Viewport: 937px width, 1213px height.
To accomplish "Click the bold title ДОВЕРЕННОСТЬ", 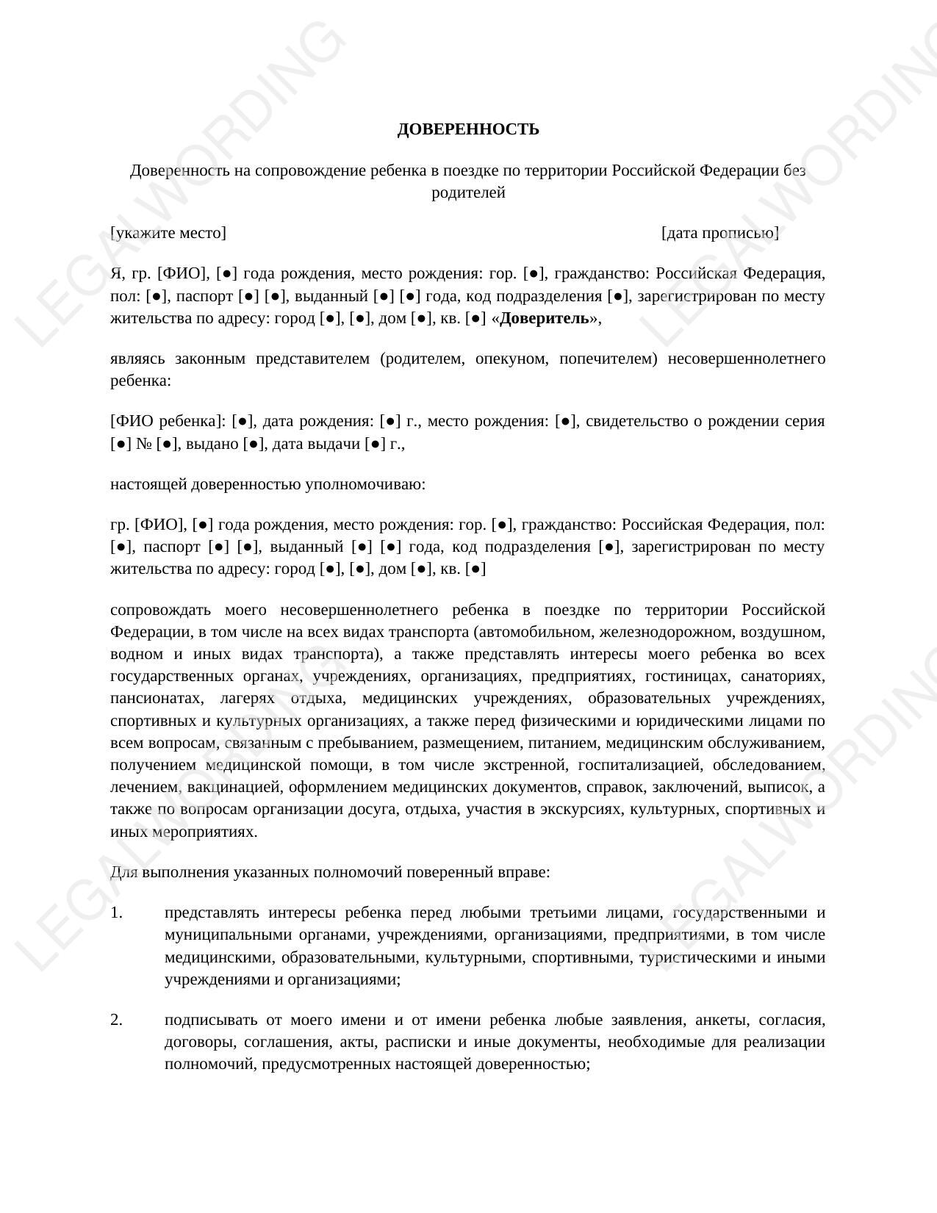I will tap(468, 129).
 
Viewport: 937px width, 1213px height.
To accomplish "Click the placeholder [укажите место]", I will tap(168, 233).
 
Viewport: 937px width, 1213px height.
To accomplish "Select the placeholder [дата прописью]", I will tap(719, 233).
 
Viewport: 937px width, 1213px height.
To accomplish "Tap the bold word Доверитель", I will tap(544, 318).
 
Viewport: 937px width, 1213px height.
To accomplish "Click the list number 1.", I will tap(116, 913).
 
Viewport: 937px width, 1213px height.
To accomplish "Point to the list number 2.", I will tap(116, 1020).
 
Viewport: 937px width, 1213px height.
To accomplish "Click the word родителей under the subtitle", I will tap(468, 192).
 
